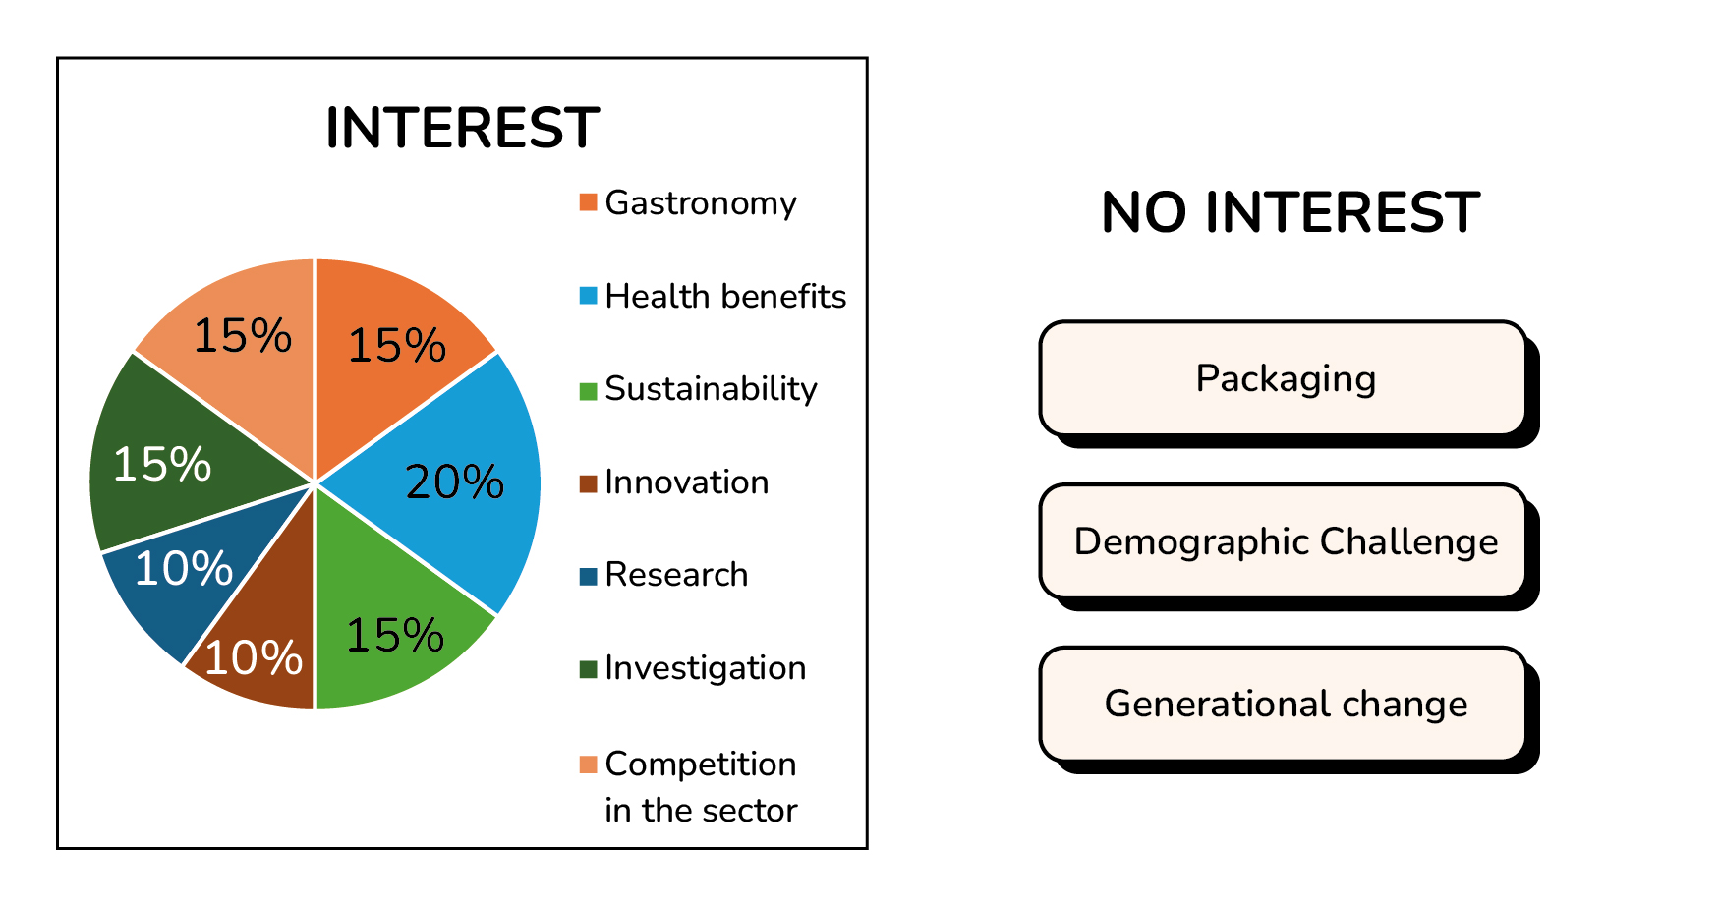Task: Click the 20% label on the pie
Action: pos(454,482)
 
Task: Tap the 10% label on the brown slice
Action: pos(253,658)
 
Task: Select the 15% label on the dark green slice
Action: pos(162,464)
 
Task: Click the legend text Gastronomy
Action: pos(701,203)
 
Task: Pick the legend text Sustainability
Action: pos(711,389)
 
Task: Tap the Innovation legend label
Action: pos(687,482)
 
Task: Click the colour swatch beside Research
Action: pos(589,576)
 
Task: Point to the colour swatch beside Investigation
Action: pos(589,669)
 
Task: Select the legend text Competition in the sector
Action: pos(701,787)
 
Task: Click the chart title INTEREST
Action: pos(462,128)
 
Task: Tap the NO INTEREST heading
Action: pos(1290,212)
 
